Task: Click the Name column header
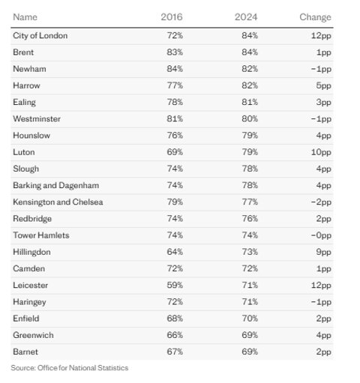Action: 25,17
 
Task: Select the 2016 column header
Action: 172,17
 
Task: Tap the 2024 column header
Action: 246,17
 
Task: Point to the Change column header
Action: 315,17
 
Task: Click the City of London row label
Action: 40,36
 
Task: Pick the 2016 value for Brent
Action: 175,52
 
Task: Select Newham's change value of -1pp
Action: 321,69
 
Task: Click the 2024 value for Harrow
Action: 250,85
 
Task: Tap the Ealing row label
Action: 24,103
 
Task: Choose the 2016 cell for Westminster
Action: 175,118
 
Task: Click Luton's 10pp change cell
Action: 321,152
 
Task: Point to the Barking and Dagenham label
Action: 56,186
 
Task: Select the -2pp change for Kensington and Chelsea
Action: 321,202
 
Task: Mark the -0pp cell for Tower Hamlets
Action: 321,235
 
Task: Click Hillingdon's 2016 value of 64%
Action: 175,252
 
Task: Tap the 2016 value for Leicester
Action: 175,285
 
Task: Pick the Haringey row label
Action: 29,302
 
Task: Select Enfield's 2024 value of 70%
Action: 250,319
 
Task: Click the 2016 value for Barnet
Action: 175,352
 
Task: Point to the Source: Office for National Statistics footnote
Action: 70,368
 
